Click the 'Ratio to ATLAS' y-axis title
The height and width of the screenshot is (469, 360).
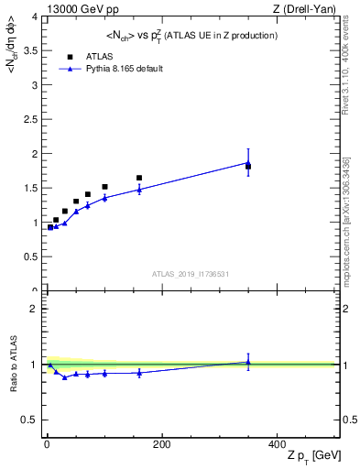point(14,364)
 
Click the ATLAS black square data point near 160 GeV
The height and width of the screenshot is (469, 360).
point(139,178)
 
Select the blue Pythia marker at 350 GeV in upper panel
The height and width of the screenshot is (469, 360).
point(248,163)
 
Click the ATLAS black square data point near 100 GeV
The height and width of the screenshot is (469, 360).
point(104,187)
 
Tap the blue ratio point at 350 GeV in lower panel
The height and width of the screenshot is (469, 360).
point(248,362)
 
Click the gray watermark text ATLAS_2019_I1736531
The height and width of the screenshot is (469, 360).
point(191,274)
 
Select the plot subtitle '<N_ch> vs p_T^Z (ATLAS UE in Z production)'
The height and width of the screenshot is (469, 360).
point(192,35)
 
